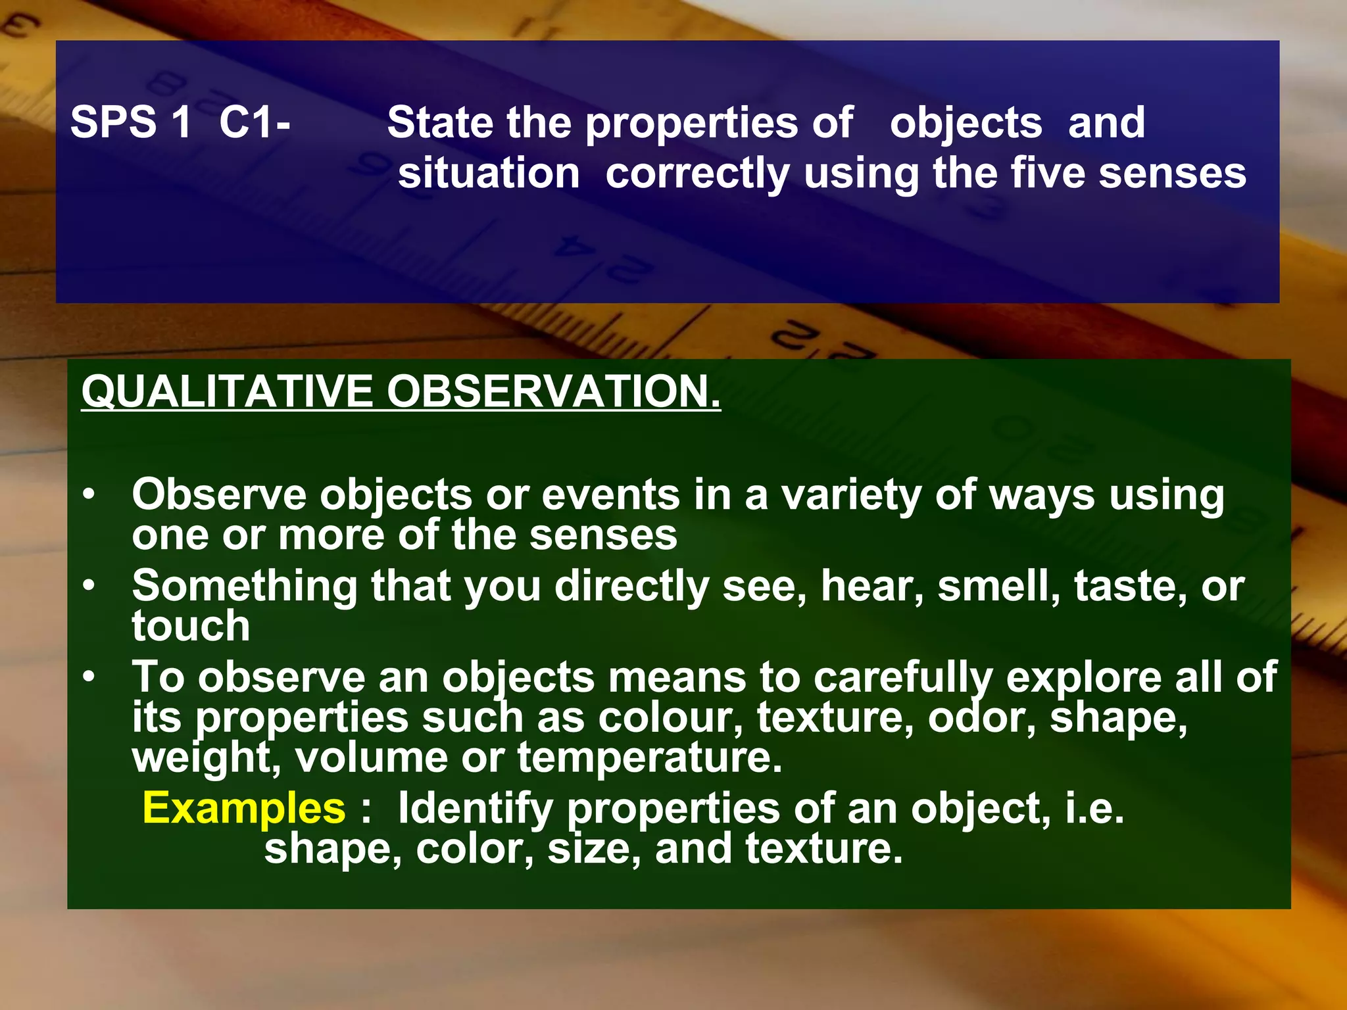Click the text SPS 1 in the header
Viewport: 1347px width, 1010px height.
point(130,122)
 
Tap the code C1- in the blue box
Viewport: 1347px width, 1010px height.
point(255,122)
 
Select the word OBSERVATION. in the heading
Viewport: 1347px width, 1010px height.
point(553,392)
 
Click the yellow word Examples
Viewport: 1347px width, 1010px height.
point(243,808)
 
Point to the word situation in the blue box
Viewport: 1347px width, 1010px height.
point(489,174)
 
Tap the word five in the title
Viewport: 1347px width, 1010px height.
point(1048,174)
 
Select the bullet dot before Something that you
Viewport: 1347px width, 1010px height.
point(89,585)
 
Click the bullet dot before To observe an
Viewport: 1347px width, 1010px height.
point(89,676)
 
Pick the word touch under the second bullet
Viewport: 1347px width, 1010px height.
point(191,625)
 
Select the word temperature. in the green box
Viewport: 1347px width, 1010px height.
point(650,758)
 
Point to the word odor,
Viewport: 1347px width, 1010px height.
point(982,717)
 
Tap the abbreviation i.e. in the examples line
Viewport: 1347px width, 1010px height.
point(1094,808)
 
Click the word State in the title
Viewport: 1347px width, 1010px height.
point(440,122)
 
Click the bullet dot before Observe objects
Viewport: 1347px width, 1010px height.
point(89,494)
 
